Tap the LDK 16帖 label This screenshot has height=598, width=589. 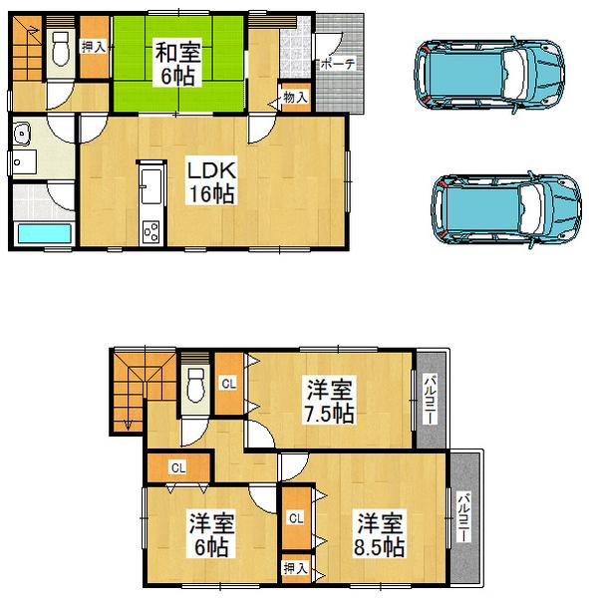tap(212, 182)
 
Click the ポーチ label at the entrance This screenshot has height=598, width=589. tap(337, 63)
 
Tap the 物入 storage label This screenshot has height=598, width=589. tap(295, 98)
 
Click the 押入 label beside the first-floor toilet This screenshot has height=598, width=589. tap(94, 46)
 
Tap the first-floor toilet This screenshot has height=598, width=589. tap(61, 49)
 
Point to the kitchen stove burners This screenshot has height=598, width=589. tap(152, 232)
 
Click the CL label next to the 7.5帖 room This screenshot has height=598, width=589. tap(229, 383)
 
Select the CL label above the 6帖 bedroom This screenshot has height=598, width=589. tap(177, 465)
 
